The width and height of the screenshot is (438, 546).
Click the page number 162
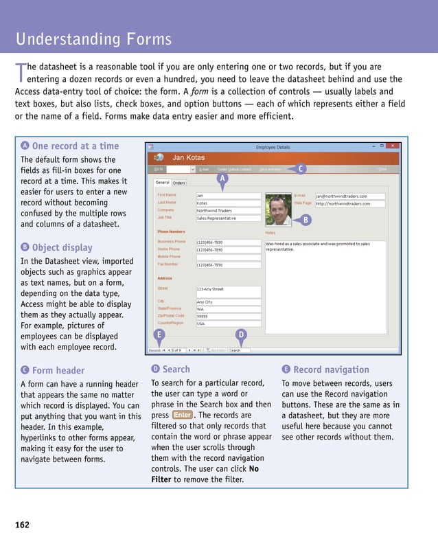coord(22,525)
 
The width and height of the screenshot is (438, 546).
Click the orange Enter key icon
coord(182,415)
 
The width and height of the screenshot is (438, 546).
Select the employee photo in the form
coord(278,208)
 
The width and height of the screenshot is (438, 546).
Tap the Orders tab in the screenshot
coord(178,183)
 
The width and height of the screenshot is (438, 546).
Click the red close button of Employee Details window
coord(393,146)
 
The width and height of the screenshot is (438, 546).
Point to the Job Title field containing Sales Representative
coord(228,218)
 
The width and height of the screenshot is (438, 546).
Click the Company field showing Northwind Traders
coord(228,210)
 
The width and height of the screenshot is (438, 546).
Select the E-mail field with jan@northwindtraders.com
coord(349,196)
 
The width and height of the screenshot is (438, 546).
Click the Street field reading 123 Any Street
coord(228,289)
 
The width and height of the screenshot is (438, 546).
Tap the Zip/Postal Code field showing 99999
coord(228,316)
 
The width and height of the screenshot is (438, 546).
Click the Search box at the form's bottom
coord(239,350)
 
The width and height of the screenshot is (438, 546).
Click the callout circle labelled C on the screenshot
coord(301,168)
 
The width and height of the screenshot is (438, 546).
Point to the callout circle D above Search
coord(241,334)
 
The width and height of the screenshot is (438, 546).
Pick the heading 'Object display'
coord(62,247)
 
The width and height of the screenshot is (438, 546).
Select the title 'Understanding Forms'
coord(93,39)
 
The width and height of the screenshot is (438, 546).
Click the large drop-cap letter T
coord(20,73)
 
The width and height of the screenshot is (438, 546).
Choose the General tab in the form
coord(162,183)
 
